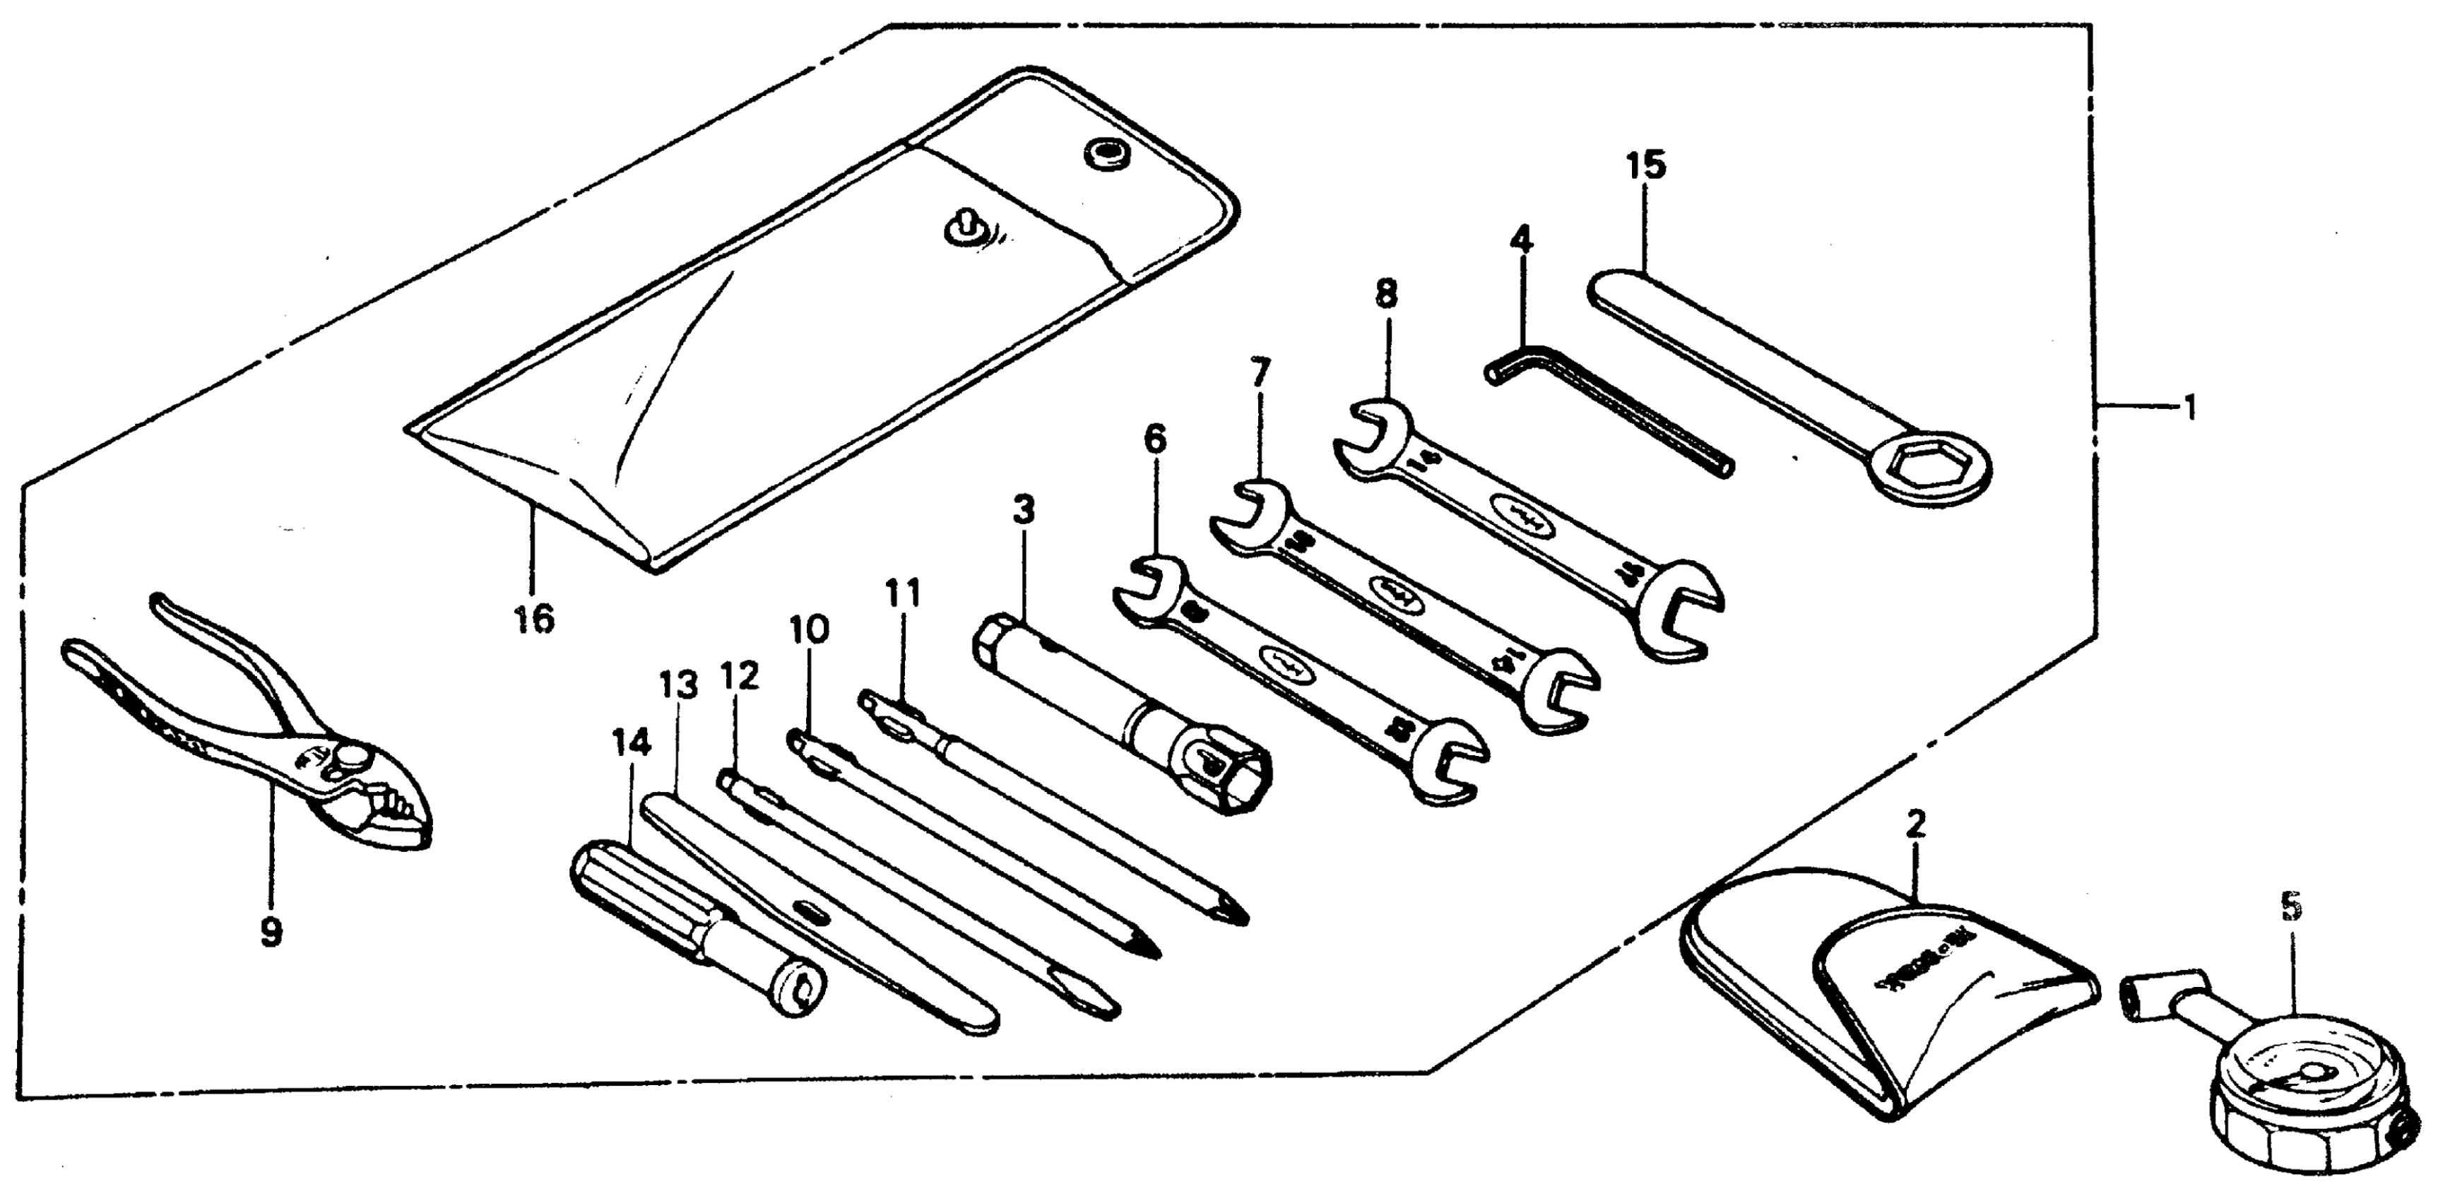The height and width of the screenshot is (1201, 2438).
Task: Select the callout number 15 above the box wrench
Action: point(1646,165)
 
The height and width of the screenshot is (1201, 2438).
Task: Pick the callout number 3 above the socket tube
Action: point(1023,510)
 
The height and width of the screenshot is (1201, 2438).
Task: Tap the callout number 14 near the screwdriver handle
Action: point(632,744)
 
